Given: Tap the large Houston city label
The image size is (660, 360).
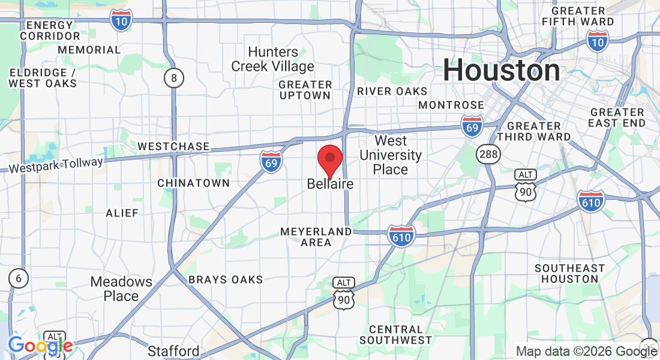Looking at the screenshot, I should pos(502,71).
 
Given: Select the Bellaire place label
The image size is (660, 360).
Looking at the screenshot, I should pos(330,184).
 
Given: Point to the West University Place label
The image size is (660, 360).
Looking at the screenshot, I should pos(391,155).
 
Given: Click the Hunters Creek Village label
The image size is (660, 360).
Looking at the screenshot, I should pos(273,59).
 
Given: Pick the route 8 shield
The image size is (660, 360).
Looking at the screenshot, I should pos(174,78).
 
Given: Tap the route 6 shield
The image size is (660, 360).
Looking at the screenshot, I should pos(19,278).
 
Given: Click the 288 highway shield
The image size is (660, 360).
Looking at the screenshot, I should pos(488,155).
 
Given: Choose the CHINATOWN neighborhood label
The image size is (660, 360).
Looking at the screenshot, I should pos(194,182).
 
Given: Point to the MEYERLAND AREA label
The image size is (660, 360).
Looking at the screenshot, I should pos(316,236).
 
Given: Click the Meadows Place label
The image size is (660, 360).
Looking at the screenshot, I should pos(121,289).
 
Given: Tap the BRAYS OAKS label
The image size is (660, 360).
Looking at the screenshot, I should pos(226,280).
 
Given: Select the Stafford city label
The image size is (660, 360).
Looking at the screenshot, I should pos(174,351).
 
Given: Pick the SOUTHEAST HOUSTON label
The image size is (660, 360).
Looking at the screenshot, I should pos(570,273).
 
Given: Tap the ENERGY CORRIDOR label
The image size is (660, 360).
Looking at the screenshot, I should pos(50,31).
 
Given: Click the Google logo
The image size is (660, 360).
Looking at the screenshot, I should pos(40,346).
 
